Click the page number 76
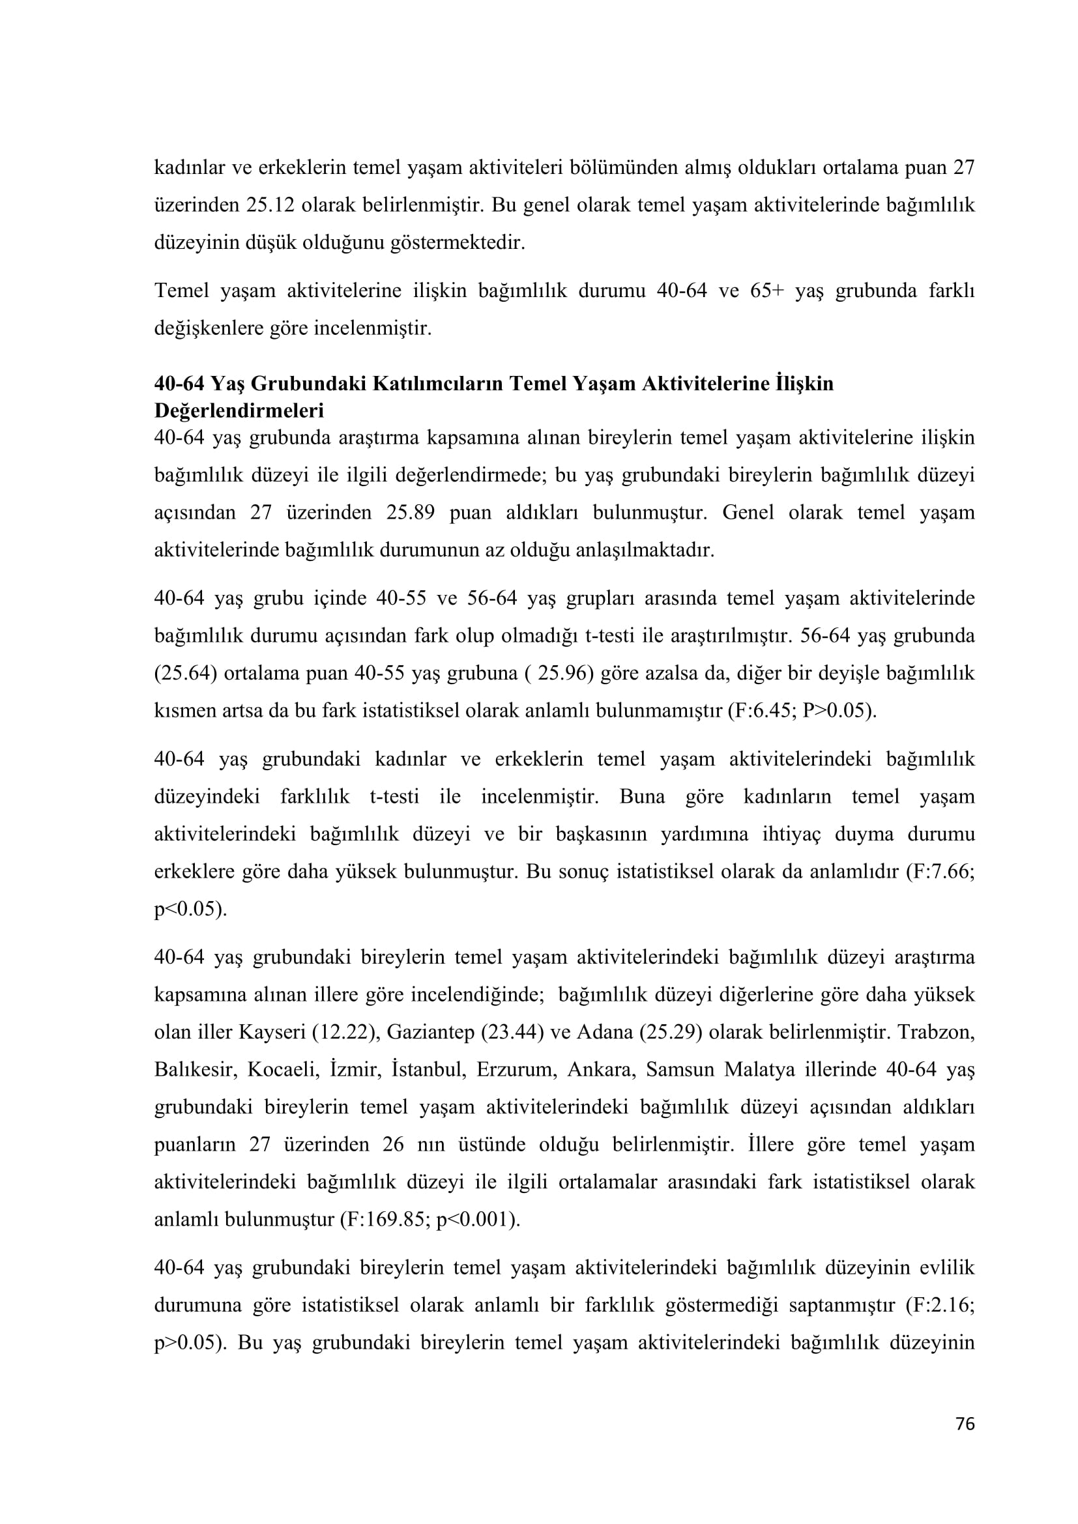[965, 1424]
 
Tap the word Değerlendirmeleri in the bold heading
[239, 411]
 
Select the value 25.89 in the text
[410, 513]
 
